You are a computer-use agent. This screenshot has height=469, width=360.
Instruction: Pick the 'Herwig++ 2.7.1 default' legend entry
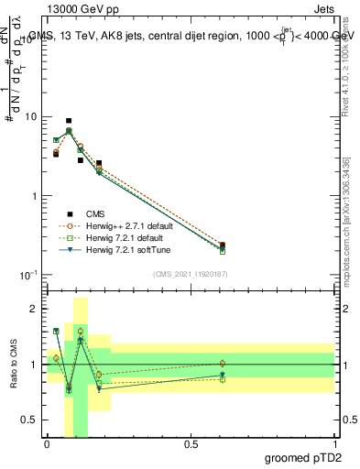(x=123, y=224)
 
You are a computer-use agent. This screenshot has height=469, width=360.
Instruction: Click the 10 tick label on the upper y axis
(x=30, y=117)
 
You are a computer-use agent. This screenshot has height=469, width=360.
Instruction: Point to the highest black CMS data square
(x=69, y=121)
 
